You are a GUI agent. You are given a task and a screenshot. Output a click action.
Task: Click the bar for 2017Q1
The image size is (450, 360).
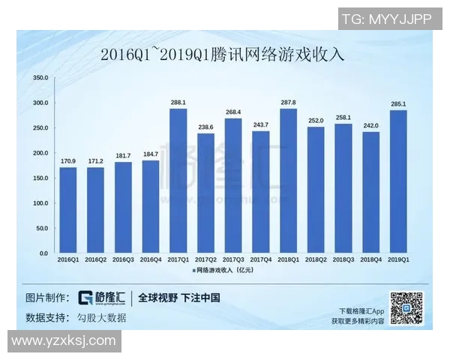(x=178, y=181)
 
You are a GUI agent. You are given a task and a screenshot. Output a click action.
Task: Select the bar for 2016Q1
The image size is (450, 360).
(x=68, y=210)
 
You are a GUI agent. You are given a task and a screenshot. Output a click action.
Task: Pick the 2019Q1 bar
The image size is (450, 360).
(x=398, y=181)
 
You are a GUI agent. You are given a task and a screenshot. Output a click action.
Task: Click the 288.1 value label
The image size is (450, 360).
(x=178, y=102)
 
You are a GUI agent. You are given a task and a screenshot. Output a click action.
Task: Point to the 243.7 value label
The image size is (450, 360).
(x=260, y=124)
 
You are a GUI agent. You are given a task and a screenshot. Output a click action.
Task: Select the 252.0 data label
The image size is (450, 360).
(x=316, y=120)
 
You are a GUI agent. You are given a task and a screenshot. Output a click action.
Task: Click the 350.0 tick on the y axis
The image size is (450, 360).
(x=40, y=78)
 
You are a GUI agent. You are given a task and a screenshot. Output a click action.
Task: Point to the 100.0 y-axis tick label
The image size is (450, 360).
(x=40, y=203)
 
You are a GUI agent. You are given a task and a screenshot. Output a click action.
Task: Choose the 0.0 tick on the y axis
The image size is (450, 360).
(x=43, y=253)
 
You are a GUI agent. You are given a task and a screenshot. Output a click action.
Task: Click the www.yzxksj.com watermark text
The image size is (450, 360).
(x=64, y=341)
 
